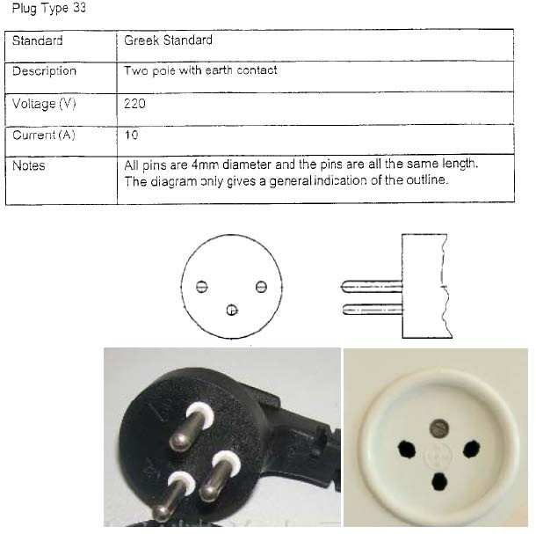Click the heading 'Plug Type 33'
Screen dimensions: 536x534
[49, 8]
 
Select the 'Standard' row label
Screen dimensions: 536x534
[37, 40]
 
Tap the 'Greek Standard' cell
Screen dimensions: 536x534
[168, 40]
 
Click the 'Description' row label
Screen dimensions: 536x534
[44, 71]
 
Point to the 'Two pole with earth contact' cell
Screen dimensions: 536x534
[200, 70]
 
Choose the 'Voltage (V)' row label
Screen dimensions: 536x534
[44, 104]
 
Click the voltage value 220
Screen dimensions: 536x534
[134, 104]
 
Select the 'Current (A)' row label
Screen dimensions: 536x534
[44, 135]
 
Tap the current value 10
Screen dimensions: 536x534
[132, 135]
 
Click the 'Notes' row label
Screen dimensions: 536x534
[29, 165]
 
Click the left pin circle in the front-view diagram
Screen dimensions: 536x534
[202, 287]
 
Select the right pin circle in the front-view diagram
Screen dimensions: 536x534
[261, 287]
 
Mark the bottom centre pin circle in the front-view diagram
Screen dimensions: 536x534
[232, 311]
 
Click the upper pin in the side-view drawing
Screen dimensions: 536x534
[372, 287]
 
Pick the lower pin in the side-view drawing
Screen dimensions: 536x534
[373, 310]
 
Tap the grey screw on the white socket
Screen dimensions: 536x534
[439, 428]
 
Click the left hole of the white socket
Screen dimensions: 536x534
[407, 450]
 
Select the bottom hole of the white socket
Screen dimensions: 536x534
[439, 481]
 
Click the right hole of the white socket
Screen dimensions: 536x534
[471, 450]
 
